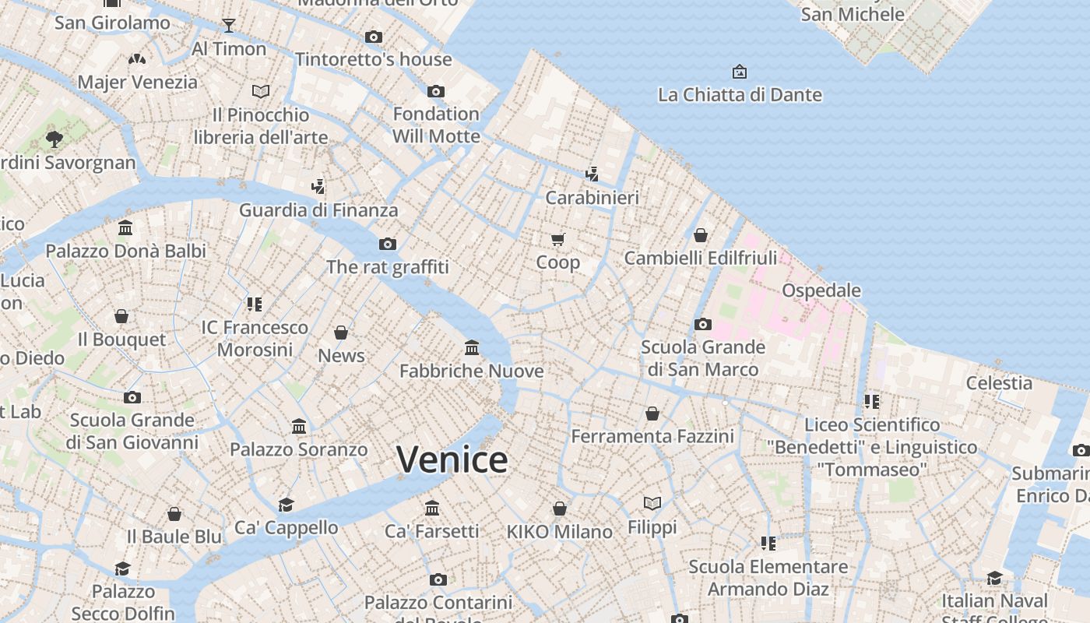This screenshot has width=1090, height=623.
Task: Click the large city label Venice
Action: (452, 459)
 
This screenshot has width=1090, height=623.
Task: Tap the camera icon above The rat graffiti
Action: (388, 245)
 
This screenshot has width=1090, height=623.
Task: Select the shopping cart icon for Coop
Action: (557, 239)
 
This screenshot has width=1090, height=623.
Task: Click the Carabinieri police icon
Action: (592, 174)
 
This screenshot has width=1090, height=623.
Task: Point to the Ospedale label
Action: (821, 290)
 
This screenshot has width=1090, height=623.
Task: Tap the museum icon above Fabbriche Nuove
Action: (472, 347)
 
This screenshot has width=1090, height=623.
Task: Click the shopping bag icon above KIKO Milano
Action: (559, 509)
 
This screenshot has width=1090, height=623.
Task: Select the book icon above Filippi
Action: (652, 504)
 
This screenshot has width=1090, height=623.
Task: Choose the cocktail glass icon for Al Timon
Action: (228, 26)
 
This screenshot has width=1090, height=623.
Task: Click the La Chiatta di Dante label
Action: (740, 95)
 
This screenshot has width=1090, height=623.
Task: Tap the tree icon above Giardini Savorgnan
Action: (54, 139)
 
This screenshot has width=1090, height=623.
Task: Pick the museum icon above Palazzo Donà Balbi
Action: (125, 228)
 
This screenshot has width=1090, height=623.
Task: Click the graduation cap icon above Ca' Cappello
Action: (287, 505)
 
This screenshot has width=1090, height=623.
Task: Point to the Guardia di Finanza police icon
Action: (318, 187)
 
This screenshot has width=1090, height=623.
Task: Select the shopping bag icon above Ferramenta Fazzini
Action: (652, 414)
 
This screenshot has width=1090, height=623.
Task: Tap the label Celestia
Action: (999, 383)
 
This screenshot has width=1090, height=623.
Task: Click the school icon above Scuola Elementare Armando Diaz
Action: (768, 543)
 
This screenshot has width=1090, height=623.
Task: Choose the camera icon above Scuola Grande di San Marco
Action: (702, 324)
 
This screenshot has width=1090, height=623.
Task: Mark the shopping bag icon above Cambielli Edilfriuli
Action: (701, 234)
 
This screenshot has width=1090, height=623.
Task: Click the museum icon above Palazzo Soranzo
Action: (299, 426)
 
